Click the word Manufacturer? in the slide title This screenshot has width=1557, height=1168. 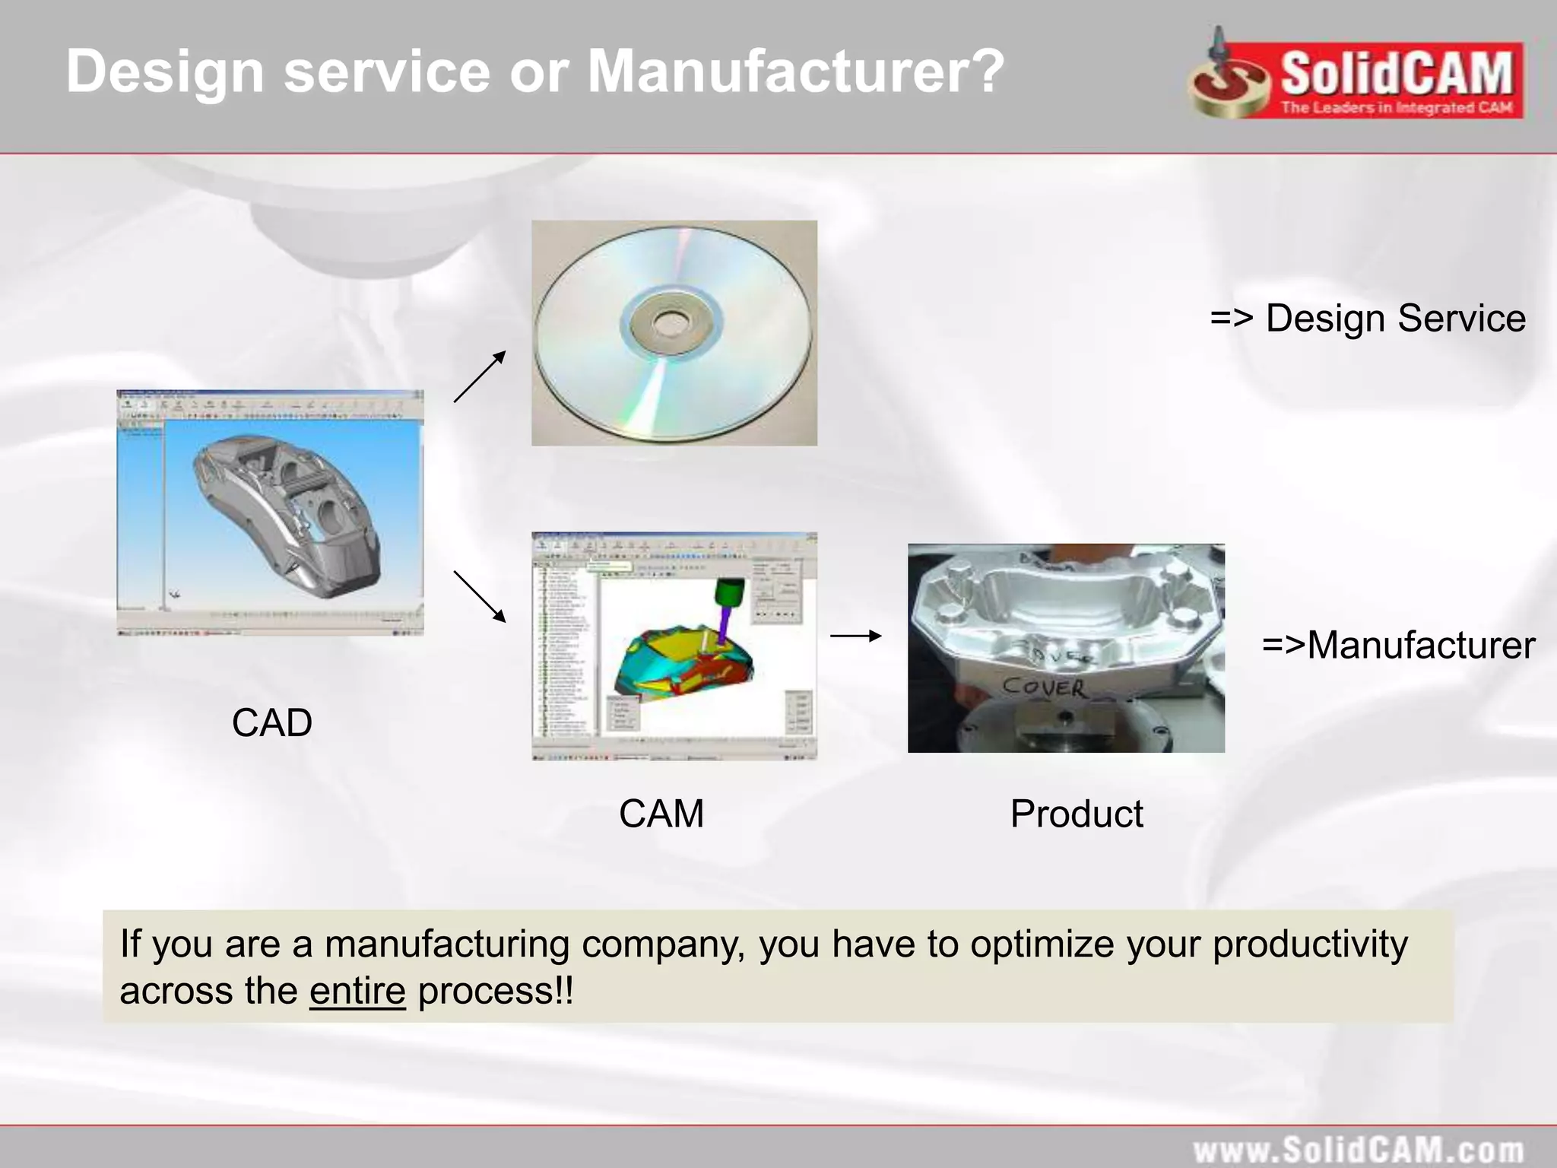pyautogui.click(x=796, y=71)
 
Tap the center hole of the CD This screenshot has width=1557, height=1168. pyautogui.click(x=671, y=325)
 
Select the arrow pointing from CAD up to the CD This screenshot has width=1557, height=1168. pyautogui.click(x=480, y=376)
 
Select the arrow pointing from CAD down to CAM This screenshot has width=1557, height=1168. pyautogui.click(x=480, y=596)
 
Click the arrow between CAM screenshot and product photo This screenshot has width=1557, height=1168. pyautogui.click(x=855, y=636)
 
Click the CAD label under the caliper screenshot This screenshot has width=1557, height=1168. pyautogui.click(x=271, y=722)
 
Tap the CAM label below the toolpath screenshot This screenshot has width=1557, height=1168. pyautogui.click(x=661, y=814)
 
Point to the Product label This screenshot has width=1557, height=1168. pyautogui.click(x=1076, y=814)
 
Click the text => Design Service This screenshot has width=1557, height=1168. pyautogui.click(x=1367, y=318)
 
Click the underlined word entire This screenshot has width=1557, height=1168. pyautogui.click(x=357, y=991)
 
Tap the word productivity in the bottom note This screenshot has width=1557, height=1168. pyautogui.click(x=1309, y=944)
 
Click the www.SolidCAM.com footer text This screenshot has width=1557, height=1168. pyautogui.click(x=1358, y=1150)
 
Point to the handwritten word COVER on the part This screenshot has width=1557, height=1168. pyautogui.click(x=1043, y=687)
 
